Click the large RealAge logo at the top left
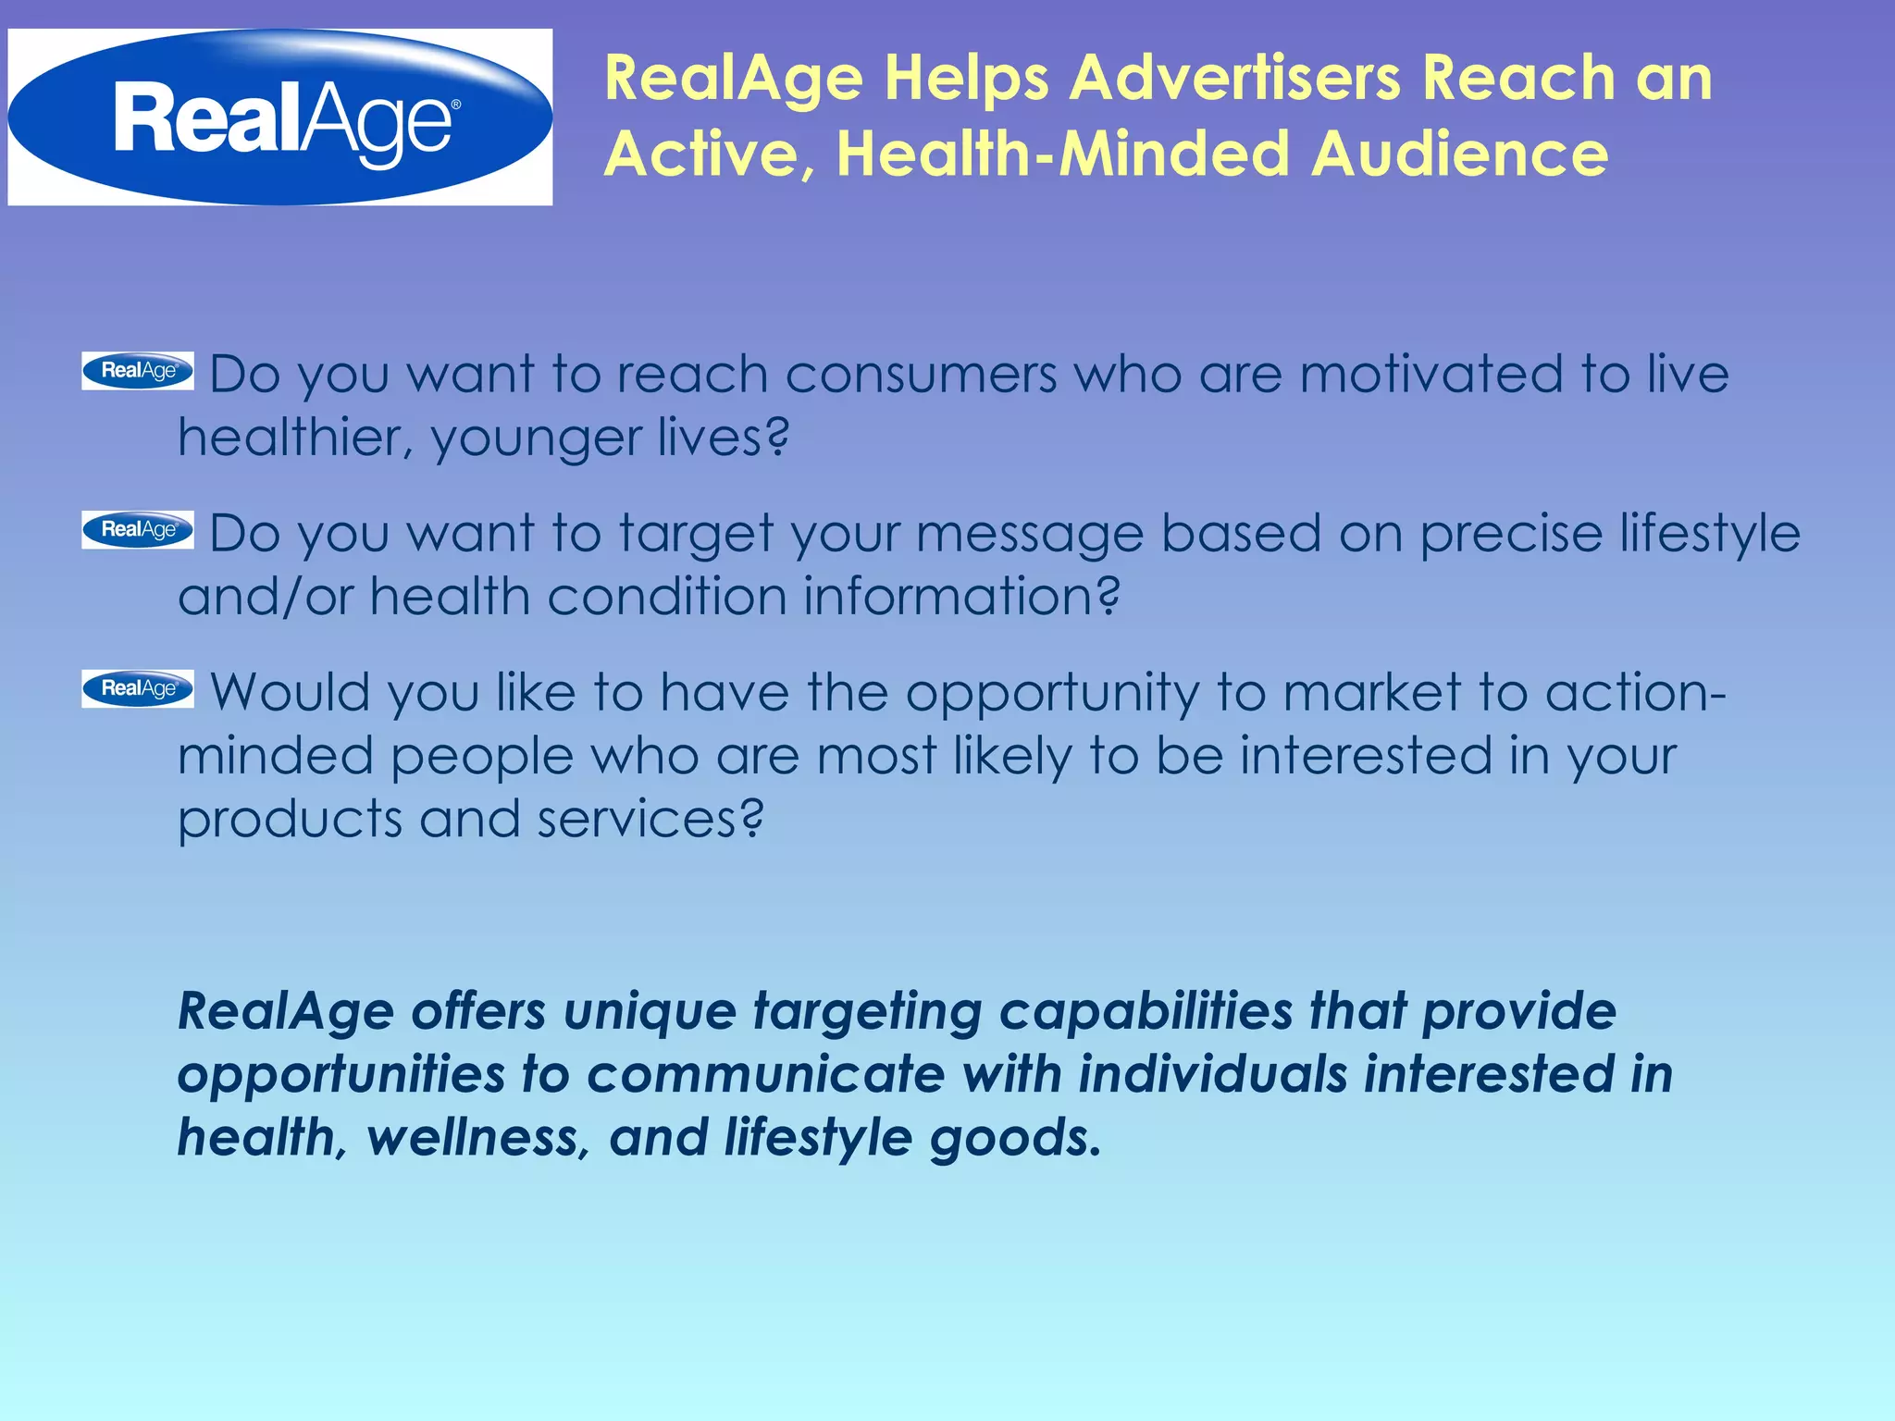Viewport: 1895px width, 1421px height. point(279,117)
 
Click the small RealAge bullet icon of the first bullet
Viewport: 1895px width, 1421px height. point(138,371)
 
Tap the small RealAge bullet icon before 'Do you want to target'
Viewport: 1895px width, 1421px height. point(138,530)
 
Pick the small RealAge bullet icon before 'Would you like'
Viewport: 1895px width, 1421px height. point(138,689)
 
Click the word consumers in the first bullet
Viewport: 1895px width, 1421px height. point(921,376)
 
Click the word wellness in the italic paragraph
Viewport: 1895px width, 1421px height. point(477,1138)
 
